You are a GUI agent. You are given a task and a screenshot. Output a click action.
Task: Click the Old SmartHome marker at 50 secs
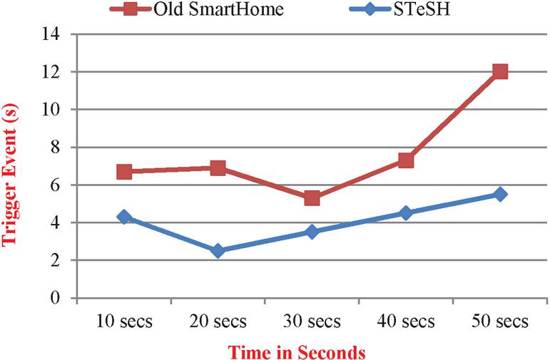500,71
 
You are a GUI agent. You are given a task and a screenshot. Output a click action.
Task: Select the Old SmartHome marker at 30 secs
312,197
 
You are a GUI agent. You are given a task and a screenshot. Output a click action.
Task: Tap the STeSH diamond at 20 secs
218,250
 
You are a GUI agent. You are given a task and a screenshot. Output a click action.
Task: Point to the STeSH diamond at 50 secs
500,194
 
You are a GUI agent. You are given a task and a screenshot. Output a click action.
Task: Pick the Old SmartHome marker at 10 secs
124,171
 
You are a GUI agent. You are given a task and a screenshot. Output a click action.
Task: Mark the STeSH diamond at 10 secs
124,217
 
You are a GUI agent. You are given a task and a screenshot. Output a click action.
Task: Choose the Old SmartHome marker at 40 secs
406,160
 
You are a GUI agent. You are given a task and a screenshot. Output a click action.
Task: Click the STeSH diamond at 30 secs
312,232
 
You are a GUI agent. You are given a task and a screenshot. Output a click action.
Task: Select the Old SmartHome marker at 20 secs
218,168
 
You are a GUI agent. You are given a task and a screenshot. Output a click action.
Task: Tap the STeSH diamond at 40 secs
406,212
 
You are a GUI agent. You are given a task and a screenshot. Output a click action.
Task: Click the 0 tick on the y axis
56,298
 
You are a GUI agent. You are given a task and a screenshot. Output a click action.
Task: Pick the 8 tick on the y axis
56,148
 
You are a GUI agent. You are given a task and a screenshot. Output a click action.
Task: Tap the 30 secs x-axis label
312,322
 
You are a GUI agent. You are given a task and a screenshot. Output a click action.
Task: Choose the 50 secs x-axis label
500,322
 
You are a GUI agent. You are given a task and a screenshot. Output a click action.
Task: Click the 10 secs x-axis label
124,322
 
